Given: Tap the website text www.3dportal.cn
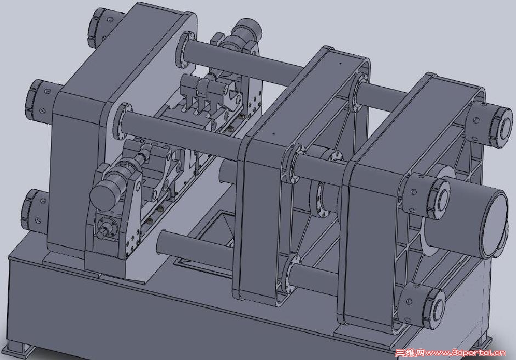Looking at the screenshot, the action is tap(465, 353).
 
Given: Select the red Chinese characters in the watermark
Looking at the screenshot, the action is tap(410, 353).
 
